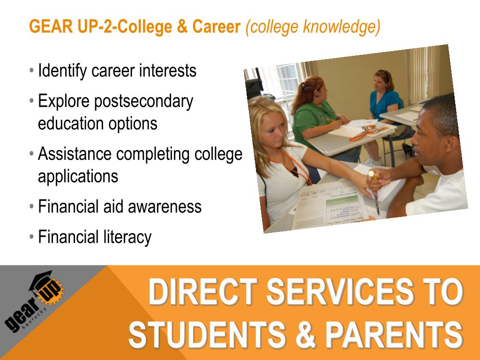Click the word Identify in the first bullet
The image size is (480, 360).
pos(62,71)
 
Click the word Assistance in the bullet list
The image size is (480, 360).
pos(75,154)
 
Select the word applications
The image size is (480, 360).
pos(78,176)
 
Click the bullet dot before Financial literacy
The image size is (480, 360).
pos(31,237)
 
